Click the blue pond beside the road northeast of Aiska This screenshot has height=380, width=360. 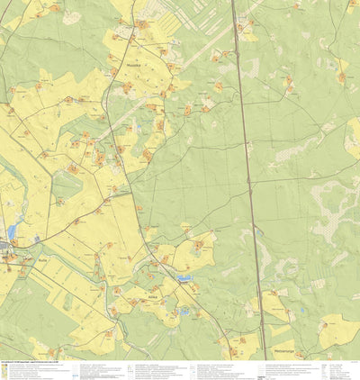coord(184,279)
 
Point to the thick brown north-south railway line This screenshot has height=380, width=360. coord(248,180)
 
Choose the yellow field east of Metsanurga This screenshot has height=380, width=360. coord(337,331)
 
